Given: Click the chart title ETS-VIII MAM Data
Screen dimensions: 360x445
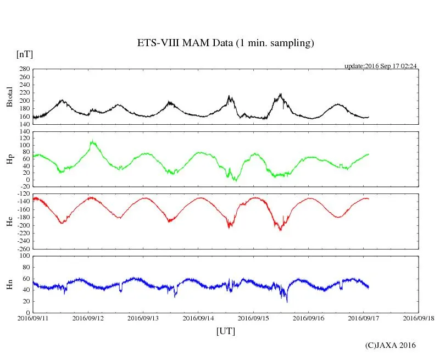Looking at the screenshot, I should pyautogui.click(x=225, y=43).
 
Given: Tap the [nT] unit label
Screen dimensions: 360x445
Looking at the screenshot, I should pyautogui.click(x=24, y=54).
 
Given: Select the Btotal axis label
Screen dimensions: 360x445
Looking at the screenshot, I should pyautogui.click(x=9, y=96).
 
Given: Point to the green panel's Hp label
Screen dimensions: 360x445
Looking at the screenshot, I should pyautogui.click(x=9, y=159).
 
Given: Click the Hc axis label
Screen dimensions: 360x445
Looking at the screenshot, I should pyautogui.click(x=9, y=221).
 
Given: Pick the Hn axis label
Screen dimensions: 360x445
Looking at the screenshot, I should pyautogui.click(x=9, y=284).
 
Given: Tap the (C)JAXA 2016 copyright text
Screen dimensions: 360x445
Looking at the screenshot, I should pyautogui.click(x=391, y=345).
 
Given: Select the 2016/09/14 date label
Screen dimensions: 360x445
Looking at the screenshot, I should pyautogui.click(x=198, y=318).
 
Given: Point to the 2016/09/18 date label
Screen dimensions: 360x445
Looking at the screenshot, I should pyautogui.click(x=419, y=318).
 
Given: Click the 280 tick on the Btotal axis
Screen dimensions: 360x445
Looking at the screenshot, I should pyautogui.click(x=24, y=69).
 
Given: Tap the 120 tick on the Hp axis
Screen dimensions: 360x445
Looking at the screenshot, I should pyautogui.click(x=24, y=132).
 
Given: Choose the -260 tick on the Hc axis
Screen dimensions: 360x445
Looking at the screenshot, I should pyautogui.click(x=22, y=248).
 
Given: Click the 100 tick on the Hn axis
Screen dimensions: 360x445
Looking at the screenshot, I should pyautogui.click(x=24, y=256).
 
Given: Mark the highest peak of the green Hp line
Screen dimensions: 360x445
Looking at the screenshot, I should pyautogui.click(x=92, y=141).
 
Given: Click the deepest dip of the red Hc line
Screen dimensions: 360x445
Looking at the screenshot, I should pyautogui.click(x=280, y=230).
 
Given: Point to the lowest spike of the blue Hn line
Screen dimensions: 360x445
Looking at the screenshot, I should pyautogui.click(x=287, y=302).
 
